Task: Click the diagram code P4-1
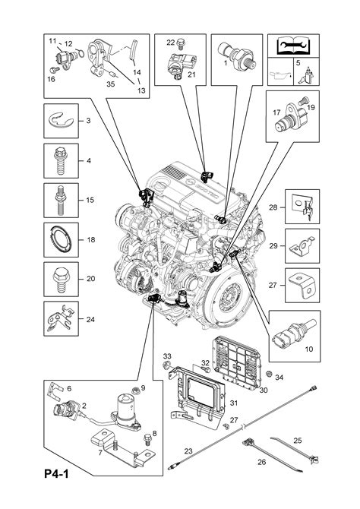(56, 474)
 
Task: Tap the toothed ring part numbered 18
(61, 240)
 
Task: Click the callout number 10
(308, 349)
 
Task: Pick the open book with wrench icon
(293, 46)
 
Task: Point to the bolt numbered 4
(61, 161)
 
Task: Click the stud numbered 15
(61, 200)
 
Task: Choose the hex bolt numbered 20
(61, 279)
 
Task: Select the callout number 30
(264, 390)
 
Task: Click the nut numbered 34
(269, 375)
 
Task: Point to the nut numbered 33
(166, 365)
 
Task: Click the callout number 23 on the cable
(188, 451)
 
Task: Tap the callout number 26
(261, 462)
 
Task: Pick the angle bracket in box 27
(302, 286)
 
